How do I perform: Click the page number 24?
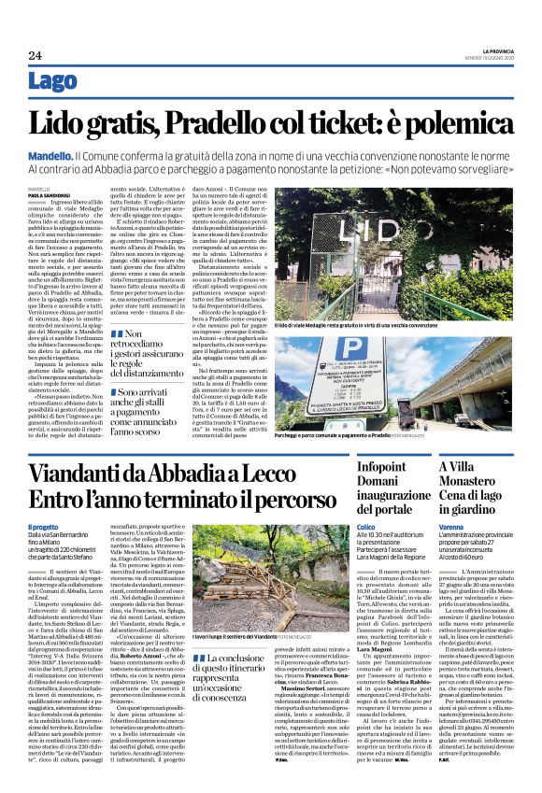(x=34, y=56)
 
